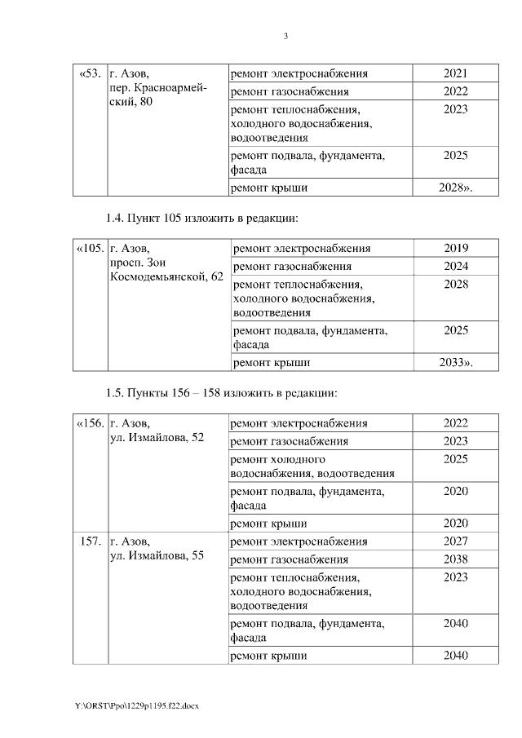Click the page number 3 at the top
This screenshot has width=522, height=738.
coord(285,36)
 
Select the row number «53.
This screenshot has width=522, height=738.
coord(90,74)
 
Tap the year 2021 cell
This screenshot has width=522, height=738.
coord(455,74)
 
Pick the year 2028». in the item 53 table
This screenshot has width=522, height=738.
coord(455,188)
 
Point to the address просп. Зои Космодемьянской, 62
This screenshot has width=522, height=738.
coord(166,270)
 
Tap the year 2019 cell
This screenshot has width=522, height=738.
coord(456,249)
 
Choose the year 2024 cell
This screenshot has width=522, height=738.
coord(456,266)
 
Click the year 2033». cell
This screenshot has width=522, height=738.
coord(456,363)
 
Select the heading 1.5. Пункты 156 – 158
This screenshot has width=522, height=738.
coord(221,393)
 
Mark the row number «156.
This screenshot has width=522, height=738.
coord(90,423)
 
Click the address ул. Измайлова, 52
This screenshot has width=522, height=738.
coord(156,438)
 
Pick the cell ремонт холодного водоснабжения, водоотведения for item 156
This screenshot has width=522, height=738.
coord(313,466)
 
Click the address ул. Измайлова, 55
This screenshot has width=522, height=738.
coord(156,556)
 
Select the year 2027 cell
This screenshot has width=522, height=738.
coord(455,541)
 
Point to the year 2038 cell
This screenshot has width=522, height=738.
coord(455,559)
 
